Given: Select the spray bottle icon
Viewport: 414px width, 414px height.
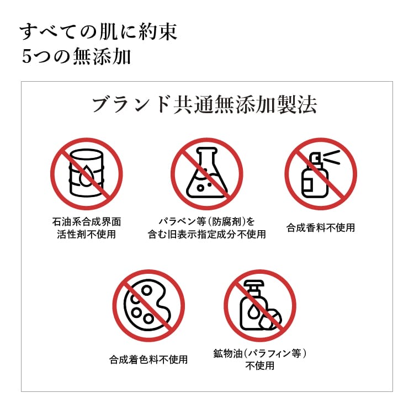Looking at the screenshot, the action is tap(321, 174).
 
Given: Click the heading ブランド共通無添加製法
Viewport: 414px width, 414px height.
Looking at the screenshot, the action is tap(205, 105).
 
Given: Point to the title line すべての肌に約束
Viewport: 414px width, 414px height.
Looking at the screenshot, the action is tap(98, 32).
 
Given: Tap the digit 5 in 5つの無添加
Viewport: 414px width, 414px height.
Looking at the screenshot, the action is tap(26, 56).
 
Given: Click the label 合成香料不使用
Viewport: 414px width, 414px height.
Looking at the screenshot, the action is tap(321, 227).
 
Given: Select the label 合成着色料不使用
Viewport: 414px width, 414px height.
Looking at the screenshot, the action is tap(148, 359).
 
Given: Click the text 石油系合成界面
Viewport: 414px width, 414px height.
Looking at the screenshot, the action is tap(87, 221).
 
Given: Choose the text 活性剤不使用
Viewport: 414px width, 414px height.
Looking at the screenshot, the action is tap(87, 234).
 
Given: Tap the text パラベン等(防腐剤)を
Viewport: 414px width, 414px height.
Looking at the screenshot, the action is tap(207, 221).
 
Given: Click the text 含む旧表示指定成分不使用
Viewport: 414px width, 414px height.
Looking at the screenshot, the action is tap(207, 234).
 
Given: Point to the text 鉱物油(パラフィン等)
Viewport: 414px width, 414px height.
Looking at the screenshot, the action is tap(260, 353).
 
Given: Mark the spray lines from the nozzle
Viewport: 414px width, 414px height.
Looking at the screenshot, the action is tap(332, 157).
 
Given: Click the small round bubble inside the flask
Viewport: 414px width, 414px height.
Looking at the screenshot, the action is tap(201, 188).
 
